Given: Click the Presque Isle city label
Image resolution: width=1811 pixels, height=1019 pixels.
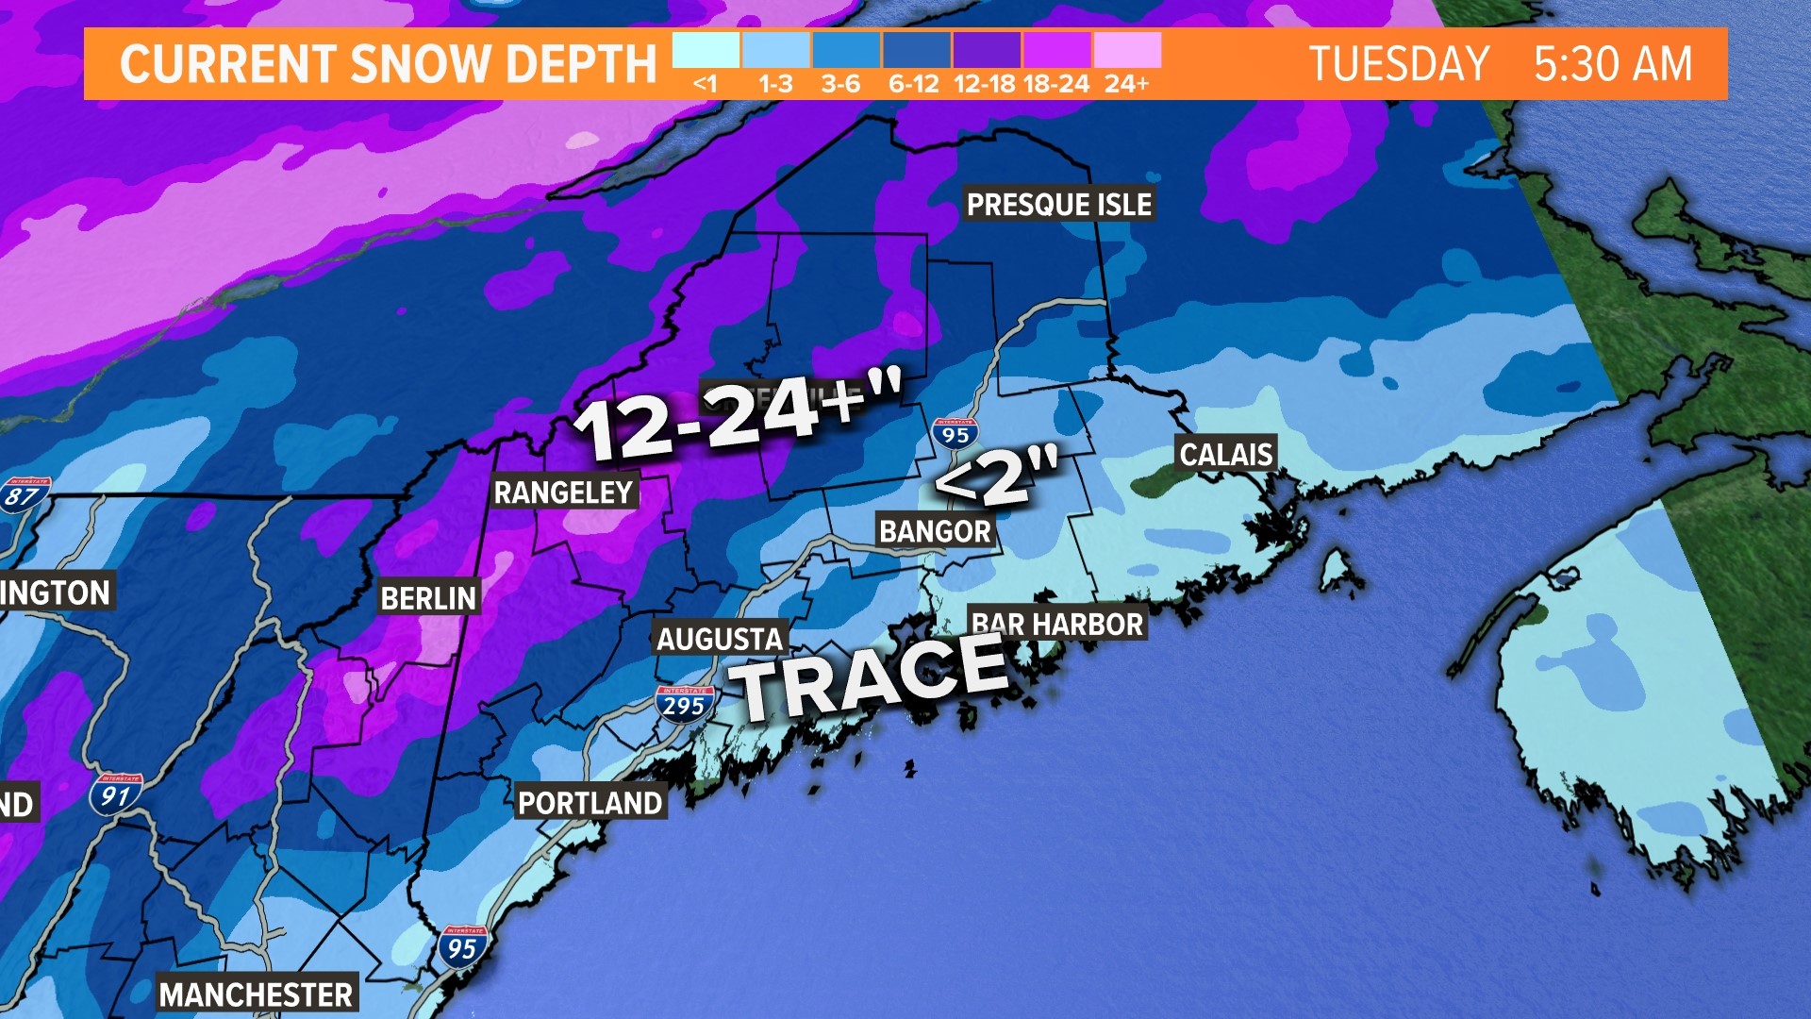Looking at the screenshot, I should pyautogui.click(x=1059, y=204).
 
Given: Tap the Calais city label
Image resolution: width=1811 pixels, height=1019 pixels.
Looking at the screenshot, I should pyautogui.click(x=1225, y=454).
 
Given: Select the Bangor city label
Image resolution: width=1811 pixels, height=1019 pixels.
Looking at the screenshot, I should pyautogui.click(x=935, y=531).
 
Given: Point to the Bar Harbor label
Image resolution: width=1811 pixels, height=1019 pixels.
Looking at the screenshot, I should pyautogui.click(x=1057, y=624).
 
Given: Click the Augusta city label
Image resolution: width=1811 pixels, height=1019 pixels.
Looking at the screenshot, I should pyautogui.click(x=720, y=639).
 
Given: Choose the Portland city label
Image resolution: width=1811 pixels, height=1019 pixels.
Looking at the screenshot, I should pyautogui.click(x=590, y=802).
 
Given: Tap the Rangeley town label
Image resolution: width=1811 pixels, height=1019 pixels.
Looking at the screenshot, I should pyautogui.click(x=563, y=492).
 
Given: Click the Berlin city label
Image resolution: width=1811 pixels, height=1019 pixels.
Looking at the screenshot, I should pyautogui.click(x=428, y=597).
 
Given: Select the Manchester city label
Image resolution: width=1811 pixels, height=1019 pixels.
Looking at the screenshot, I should pyautogui.click(x=256, y=994).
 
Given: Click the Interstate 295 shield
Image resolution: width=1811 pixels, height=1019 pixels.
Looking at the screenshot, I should pyautogui.click(x=685, y=704).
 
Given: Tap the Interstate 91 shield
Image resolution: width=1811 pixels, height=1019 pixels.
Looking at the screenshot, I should pyautogui.click(x=116, y=794).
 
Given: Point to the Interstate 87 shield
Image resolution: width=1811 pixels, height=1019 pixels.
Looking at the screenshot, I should pyautogui.click(x=24, y=496).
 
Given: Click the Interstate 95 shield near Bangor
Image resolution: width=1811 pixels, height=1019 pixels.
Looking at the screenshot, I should pyautogui.click(x=955, y=433).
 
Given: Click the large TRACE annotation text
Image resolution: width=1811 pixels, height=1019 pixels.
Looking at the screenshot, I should pyautogui.click(x=872, y=675).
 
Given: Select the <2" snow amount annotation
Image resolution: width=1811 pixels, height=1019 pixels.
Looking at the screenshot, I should pyautogui.click(x=996, y=477).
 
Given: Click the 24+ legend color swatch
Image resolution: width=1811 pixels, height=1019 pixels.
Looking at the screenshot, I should pyautogui.click(x=1127, y=50).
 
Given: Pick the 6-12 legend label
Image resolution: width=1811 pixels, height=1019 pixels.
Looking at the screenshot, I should pyautogui.click(x=913, y=84).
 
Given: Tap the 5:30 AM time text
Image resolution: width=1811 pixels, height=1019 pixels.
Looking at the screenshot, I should pyautogui.click(x=1613, y=64).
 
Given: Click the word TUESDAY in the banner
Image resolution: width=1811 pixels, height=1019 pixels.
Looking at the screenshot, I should pyautogui.click(x=1399, y=64).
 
